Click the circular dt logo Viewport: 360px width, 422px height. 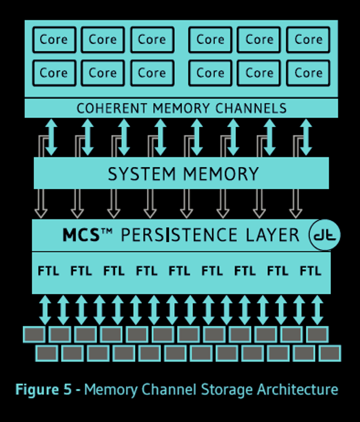pos(325,235)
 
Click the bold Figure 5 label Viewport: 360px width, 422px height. pos(48,389)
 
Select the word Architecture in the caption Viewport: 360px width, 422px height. pos(297,389)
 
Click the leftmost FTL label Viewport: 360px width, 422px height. pos(48,270)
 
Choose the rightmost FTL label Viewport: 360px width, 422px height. pos(311,270)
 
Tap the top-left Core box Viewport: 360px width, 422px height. pos(53,40)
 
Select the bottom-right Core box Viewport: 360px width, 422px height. pos(308,73)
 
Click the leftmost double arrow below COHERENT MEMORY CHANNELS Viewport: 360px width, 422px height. pos(51,137)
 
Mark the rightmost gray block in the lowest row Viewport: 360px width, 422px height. pos(329,353)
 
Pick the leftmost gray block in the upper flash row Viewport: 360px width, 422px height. pos(34,334)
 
